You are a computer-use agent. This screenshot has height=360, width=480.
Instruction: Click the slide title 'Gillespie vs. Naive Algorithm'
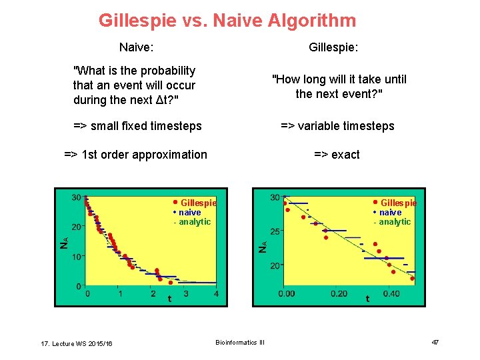click(x=227, y=21)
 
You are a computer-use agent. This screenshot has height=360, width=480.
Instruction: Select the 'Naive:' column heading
click(x=136, y=47)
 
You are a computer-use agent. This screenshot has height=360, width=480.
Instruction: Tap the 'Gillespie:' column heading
click(x=334, y=47)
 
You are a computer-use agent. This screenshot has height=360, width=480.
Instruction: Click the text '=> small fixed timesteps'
click(x=137, y=126)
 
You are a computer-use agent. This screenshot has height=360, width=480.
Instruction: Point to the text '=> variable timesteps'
click(x=337, y=126)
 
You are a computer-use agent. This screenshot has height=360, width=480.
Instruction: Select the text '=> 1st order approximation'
click(x=135, y=155)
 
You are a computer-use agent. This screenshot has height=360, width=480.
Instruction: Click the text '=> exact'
click(x=337, y=155)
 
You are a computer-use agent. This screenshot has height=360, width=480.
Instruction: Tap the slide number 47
click(x=435, y=342)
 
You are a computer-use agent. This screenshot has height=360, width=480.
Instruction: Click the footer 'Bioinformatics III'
click(x=240, y=343)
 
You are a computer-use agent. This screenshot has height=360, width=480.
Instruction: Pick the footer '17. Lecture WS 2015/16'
click(x=77, y=343)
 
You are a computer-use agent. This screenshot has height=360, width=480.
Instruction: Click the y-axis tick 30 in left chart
click(x=77, y=197)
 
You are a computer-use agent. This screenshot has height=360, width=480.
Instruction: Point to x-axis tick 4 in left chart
click(x=216, y=294)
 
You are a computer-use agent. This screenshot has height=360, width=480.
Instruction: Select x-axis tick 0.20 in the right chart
click(x=338, y=294)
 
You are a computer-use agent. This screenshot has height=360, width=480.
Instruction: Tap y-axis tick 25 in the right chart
click(x=275, y=231)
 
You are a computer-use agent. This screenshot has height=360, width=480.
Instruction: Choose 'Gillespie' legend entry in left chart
click(x=198, y=203)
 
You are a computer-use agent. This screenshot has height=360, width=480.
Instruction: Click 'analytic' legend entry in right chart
click(x=395, y=222)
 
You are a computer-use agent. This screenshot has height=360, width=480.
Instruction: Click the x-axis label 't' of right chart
click(x=367, y=299)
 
